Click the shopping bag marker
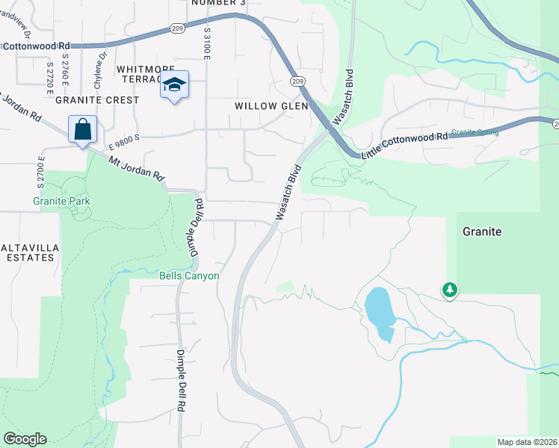[x=82, y=129]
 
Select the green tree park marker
[x=449, y=289]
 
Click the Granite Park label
[x=61, y=201]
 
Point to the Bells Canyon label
[x=190, y=276]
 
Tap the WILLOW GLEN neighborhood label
[x=271, y=106]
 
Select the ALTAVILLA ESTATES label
[x=28, y=252]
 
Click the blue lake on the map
[x=379, y=311]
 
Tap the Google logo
[x=25, y=439]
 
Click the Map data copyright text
[x=528, y=442]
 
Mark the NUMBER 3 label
[x=218, y=3]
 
